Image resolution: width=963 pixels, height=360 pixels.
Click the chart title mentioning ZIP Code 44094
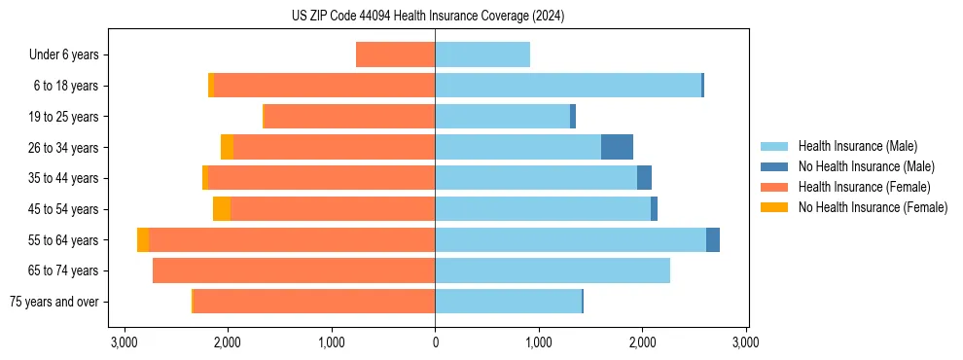pos(428,16)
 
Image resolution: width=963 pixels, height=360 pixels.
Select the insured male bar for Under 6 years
pos(482,54)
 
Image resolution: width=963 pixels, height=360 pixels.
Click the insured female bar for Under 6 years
pos(395,54)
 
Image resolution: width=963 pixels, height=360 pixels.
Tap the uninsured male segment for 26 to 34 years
pos(617,147)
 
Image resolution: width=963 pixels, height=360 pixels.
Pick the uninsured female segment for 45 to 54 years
pos(222,209)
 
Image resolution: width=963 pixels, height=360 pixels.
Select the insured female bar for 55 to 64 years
pos(292,239)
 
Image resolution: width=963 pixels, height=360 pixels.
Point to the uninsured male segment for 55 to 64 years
pos(713,239)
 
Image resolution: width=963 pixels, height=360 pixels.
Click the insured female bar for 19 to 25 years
pos(349,117)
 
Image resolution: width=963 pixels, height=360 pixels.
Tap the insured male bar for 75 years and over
pos(508,302)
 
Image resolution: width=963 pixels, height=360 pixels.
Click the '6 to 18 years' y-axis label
pos(66,86)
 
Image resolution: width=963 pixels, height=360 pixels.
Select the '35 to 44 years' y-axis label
pos(64,178)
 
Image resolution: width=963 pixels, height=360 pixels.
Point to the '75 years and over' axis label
pos(53,302)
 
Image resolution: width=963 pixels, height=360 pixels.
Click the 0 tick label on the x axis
pos(435,342)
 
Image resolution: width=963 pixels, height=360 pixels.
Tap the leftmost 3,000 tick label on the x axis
pos(124,342)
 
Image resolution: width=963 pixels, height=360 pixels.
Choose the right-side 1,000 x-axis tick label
pos(538,342)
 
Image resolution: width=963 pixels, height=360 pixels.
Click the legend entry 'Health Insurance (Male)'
pos(857,146)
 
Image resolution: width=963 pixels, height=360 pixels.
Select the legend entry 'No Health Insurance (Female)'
pos(873,207)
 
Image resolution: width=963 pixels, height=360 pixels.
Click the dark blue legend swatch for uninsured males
pos(774,166)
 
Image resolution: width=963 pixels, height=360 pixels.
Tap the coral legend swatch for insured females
pos(774,187)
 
